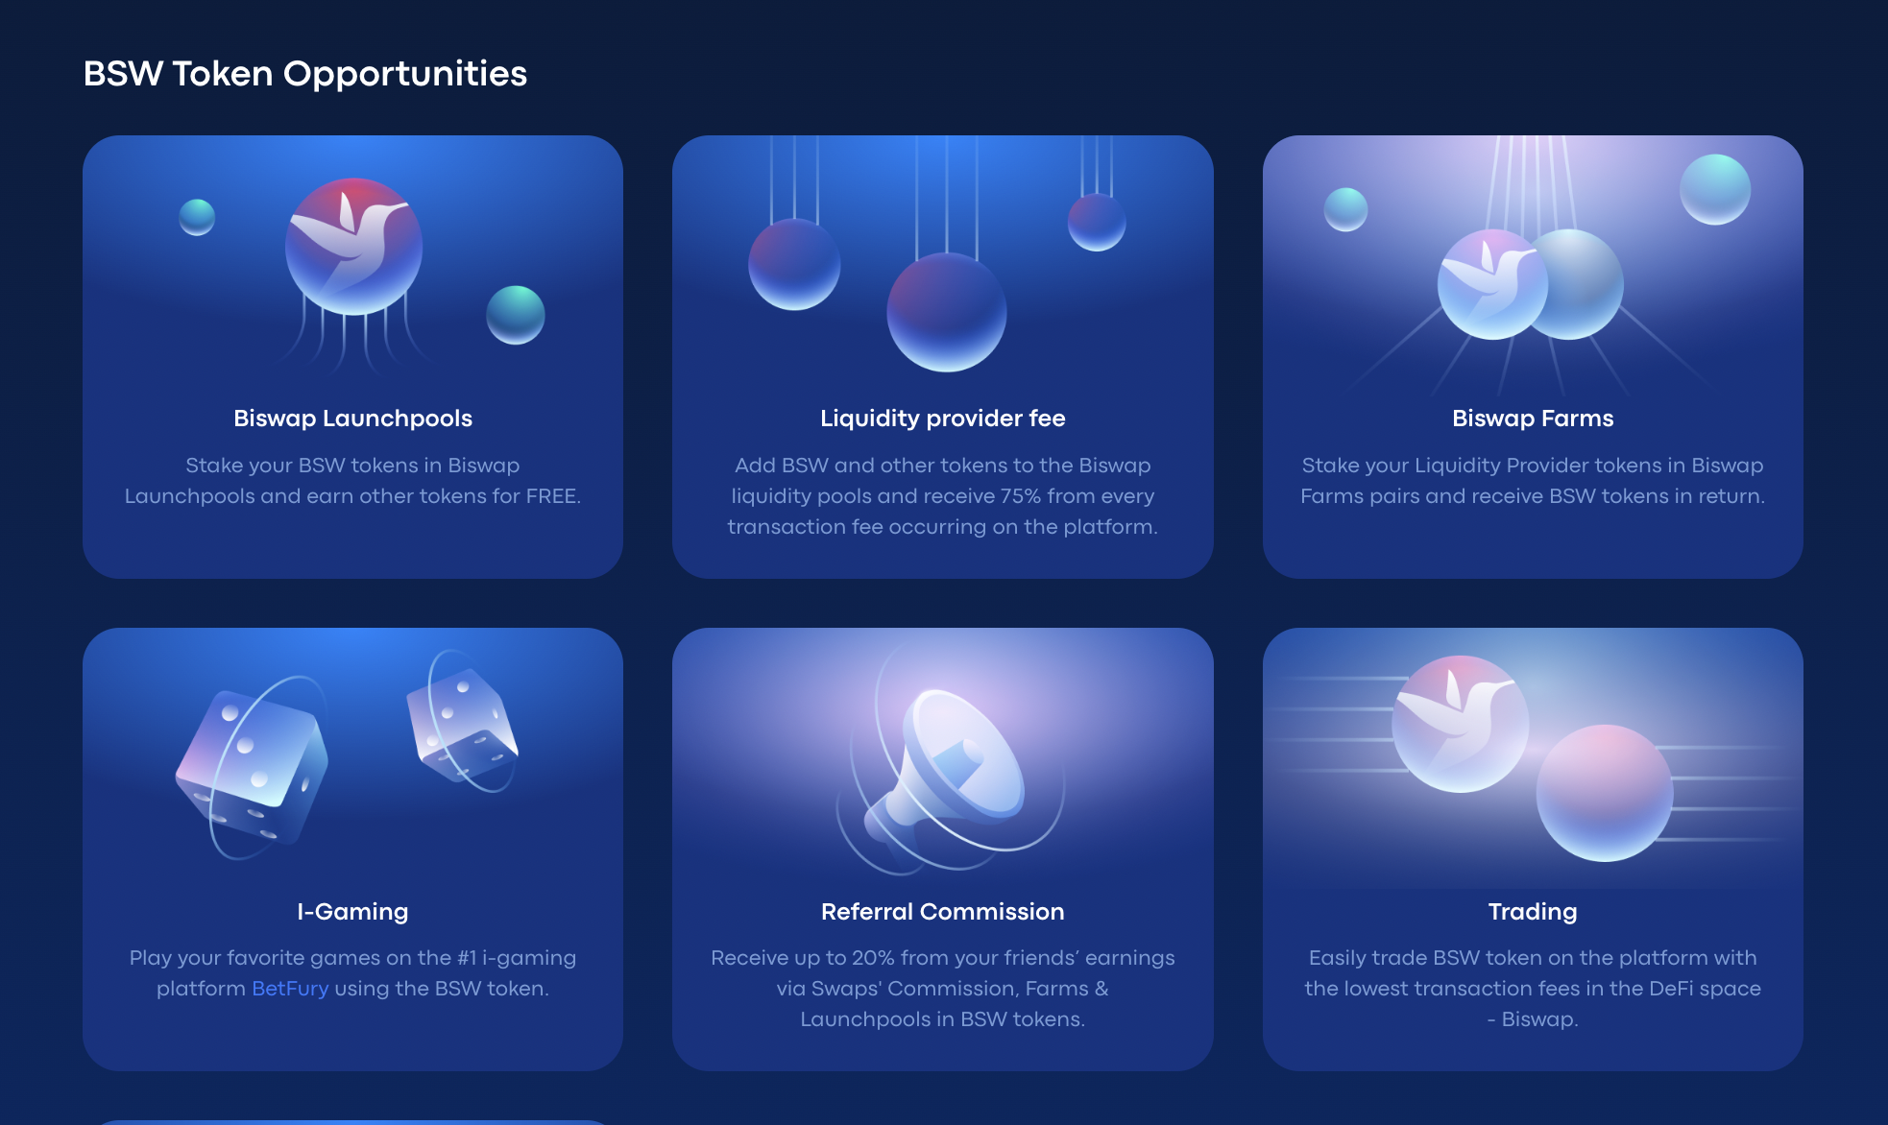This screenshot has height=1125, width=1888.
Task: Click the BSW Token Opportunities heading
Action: (x=305, y=74)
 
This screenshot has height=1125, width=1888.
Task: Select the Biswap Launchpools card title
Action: (x=352, y=419)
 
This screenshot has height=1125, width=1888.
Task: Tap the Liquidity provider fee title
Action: (x=943, y=419)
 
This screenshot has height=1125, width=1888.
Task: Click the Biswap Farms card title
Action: (x=1533, y=419)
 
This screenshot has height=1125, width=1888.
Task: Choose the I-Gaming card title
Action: (x=352, y=911)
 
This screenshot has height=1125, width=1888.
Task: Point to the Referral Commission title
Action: (x=943, y=911)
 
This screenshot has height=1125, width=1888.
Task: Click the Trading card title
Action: (x=1533, y=911)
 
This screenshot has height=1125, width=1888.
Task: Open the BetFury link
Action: (x=290, y=989)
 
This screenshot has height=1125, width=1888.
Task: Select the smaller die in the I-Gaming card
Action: (x=462, y=725)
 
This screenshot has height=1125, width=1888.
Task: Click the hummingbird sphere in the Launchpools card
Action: (x=353, y=247)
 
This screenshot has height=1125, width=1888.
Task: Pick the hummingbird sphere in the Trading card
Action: (x=1460, y=724)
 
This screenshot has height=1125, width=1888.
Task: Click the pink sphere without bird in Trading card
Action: (x=1605, y=793)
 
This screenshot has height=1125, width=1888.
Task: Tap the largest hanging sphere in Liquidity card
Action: (x=946, y=312)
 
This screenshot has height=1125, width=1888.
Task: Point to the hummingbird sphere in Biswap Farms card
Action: (x=1492, y=284)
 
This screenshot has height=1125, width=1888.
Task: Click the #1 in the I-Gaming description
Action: (x=467, y=958)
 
